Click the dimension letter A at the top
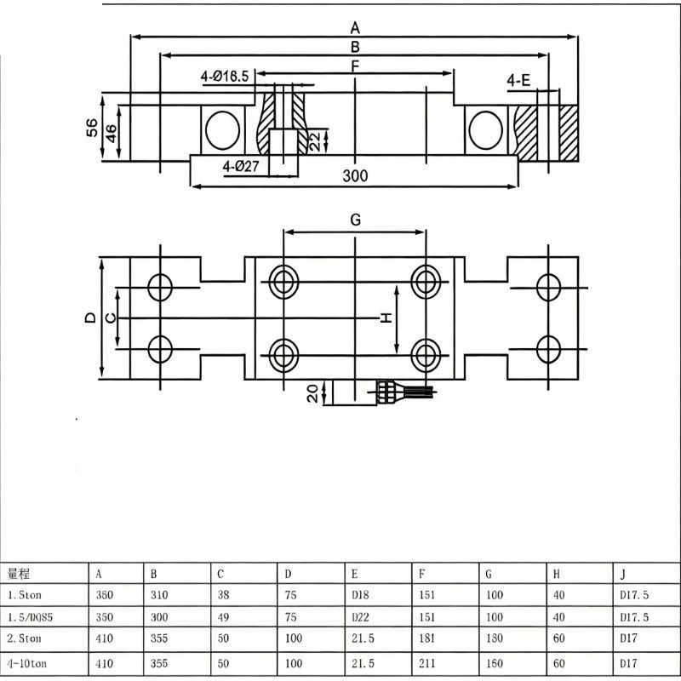pyautogui.click(x=355, y=28)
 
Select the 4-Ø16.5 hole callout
pyautogui.click(x=225, y=77)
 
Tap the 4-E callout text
pyautogui.click(x=518, y=80)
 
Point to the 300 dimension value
pyautogui.click(x=355, y=175)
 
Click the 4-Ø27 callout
pyautogui.click(x=241, y=166)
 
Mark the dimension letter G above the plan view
pyautogui.click(x=355, y=220)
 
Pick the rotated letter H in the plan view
pyautogui.click(x=386, y=318)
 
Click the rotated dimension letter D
pyautogui.click(x=90, y=318)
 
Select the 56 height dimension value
pyautogui.click(x=92, y=128)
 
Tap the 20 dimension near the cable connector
pyautogui.click(x=312, y=393)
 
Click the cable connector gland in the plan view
pyautogui.click(x=386, y=392)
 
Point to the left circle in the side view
pyautogui.click(x=222, y=130)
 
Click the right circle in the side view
pyautogui.click(x=485, y=130)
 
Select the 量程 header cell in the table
pyautogui.click(x=18, y=574)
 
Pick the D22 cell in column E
pyautogui.click(x=360, y=617)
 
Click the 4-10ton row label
pyautogui.click(x=27, y=664)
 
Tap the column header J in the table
pyautogui.click(x=623, y=574)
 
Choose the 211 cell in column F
pyautogui.click(x=427, y=663)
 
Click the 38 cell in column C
pyautogui.click(x=223, y=594)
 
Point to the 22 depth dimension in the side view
pyautogui.click(x=315, y=141)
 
